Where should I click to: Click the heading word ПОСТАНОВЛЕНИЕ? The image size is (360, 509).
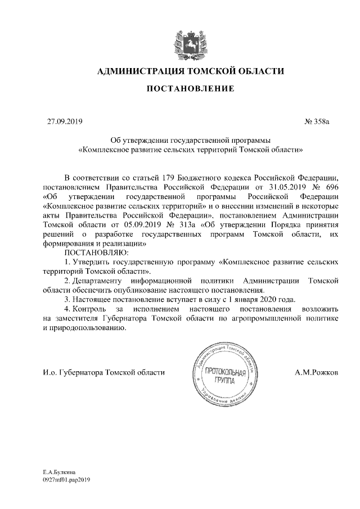point(180,89)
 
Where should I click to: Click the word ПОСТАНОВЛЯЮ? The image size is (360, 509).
point(92,252)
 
